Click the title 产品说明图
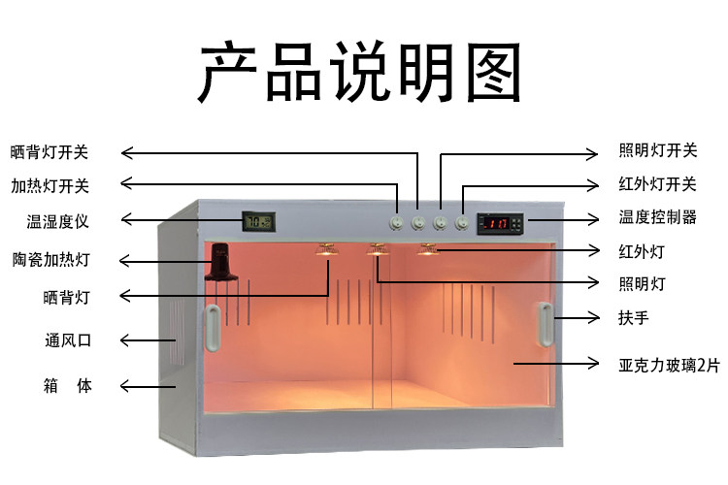[x=360, y=72]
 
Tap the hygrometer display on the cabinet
[x=258, y=222]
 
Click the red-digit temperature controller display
[x=501, y=224]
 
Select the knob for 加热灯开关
[x=396, y=223]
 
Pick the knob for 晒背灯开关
[x=418, y=223]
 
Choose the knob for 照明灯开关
[x=440, y=223]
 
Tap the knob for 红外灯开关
[x=461, y=223]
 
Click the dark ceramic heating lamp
[x=221, y=262]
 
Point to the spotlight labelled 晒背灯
[x=327, y=249]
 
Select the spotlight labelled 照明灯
[x=378, y=249]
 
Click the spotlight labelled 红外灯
[x=427, y=249]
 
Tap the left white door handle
[x=213, y=328]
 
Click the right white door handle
[x=546, y=324]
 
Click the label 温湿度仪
[x=57, y=221]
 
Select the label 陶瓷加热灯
[x=51, y=259]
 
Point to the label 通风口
[x=68, y=340]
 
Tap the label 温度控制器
[x=657, y=216]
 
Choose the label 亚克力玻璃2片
[x=669, y=366]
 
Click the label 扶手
[x=633, y=318]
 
